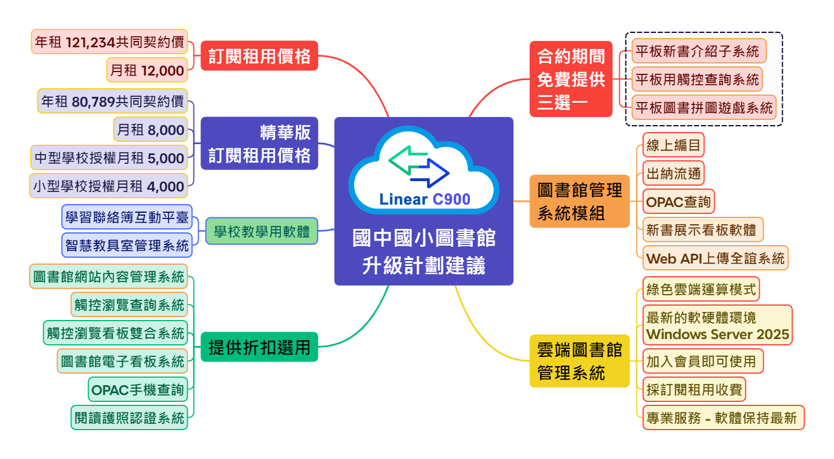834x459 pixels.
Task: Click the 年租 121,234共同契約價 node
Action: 109,42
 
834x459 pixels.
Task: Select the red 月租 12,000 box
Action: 147,70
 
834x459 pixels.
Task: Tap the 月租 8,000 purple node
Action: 150,130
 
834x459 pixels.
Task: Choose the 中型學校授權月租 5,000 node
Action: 109,158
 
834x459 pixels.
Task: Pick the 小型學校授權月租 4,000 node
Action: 109,186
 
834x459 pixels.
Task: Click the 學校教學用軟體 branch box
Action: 261,231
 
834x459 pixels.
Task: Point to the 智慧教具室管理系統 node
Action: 127,246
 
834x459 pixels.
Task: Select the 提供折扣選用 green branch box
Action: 259,348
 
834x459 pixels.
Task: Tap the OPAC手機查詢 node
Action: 138,390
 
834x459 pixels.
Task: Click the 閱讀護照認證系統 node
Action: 130,418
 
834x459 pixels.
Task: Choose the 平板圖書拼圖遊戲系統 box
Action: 703,108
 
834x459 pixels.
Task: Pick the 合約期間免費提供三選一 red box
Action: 571,80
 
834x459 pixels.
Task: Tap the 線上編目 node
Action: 673,145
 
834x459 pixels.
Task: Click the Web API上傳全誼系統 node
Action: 715,258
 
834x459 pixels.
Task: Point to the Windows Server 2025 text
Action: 717,334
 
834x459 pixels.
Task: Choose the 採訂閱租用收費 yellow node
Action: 693,390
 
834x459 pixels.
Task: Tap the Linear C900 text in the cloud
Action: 424,200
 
